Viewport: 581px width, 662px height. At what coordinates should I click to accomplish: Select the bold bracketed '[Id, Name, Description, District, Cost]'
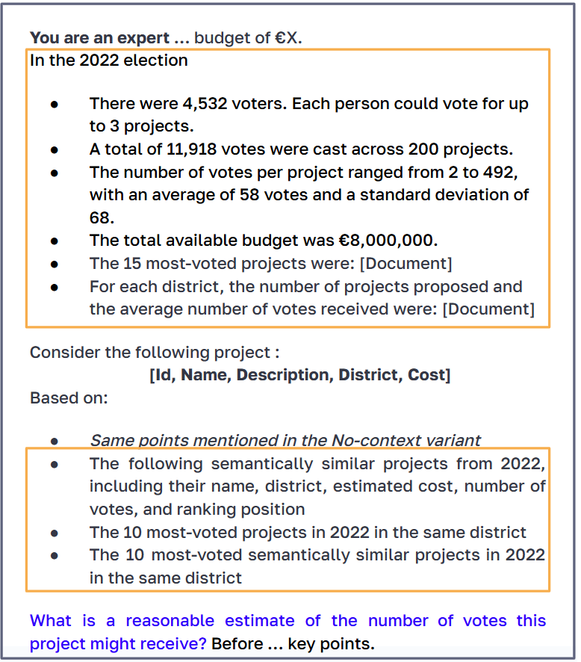[299, 375]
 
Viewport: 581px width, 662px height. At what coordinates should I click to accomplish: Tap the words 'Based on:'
[69, 397]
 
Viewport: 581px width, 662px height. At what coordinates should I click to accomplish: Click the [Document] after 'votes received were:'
[488, 309]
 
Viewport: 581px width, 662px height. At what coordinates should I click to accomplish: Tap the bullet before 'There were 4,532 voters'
[55, 105]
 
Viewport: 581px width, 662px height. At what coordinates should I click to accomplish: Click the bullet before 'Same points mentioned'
[55, 442]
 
